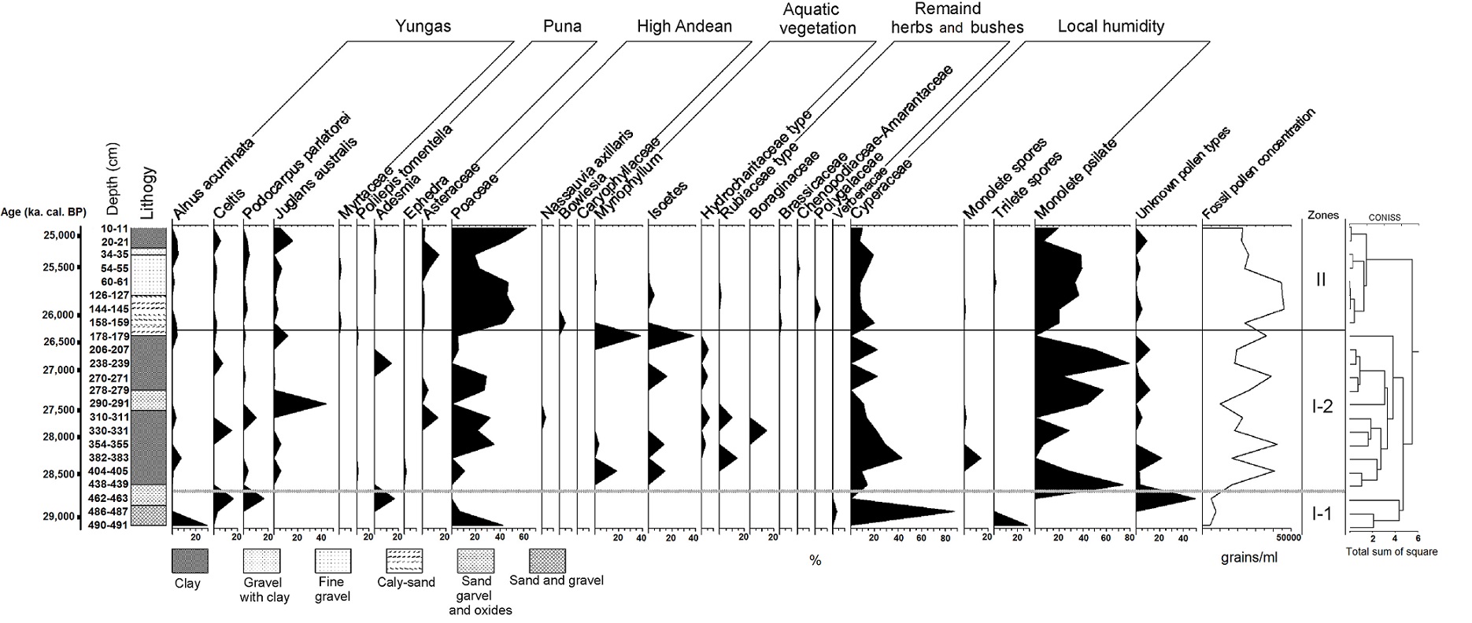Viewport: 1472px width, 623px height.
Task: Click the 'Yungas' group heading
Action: coord(423,27)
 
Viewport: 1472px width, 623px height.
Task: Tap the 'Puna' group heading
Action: coord(562,27)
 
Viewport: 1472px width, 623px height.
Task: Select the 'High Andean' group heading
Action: coord(684,27)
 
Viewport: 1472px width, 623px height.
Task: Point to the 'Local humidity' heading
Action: coord(1110,27)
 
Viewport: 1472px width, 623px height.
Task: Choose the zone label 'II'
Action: coord(1321,280)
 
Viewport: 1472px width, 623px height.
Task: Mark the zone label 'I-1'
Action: coord(1322,514)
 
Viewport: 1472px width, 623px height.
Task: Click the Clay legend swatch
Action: coord(190,561)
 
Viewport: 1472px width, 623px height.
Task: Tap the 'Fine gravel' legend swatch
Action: coord(333,561)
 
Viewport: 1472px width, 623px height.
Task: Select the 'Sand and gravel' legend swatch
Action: coord(547,561)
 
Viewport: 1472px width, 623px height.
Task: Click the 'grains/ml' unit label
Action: coord(1249,558)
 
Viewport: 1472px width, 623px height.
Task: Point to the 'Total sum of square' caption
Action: coord(1392,551)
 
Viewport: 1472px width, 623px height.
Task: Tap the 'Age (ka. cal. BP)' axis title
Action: coord(44,212)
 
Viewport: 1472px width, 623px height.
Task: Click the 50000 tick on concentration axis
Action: coord(1289,538)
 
